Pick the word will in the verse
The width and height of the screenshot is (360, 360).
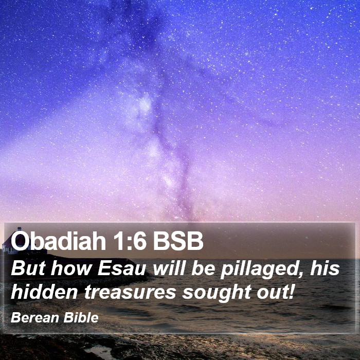169,268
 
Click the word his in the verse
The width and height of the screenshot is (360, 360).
325,268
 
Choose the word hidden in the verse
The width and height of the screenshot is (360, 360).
44,292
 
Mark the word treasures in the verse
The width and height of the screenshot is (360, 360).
130,292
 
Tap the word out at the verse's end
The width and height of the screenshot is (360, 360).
273,292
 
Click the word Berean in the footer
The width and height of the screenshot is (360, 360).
35,318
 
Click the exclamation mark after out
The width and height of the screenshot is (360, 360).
292,292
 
